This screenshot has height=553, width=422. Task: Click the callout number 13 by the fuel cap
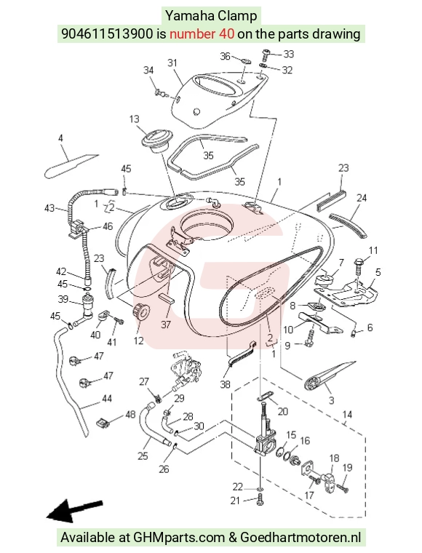click(135, 119)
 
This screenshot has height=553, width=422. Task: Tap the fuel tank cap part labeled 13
click(156, 141)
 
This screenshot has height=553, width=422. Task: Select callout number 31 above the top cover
click(172, 63)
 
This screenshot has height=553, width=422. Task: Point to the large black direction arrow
click(75, 510)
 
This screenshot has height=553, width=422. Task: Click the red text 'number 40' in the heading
click(202, 34)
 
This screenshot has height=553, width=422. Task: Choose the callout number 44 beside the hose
click(106, 399)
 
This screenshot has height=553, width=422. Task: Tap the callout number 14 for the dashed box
click(347, 414)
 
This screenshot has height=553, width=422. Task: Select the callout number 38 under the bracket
click(225, 383)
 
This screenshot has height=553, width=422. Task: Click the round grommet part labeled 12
click(141, 311)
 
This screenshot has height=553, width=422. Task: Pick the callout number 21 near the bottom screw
click(235, 500)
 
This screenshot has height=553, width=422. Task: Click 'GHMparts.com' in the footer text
click(179, 538)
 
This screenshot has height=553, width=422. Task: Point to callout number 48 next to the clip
click(130, 414)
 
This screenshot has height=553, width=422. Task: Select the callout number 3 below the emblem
click(331, 400)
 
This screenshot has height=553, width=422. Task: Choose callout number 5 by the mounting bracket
click(378, 272)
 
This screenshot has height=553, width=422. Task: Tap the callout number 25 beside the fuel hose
click(143, 456)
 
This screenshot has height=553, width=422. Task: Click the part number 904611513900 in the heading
click(108, 34)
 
